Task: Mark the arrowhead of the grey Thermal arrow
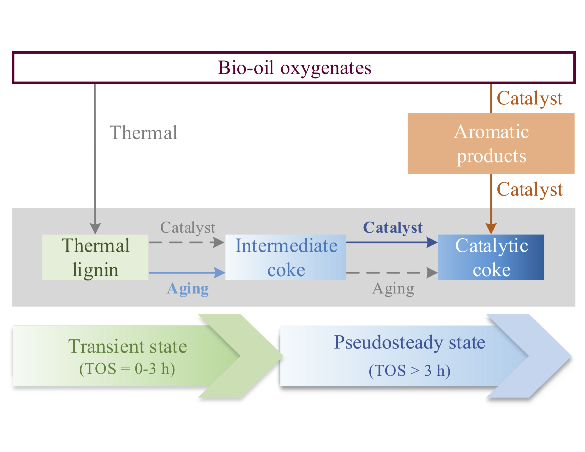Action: coord(95,228)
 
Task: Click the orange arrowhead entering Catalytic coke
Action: coord(491,228)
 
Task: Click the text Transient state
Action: coord(127,347)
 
